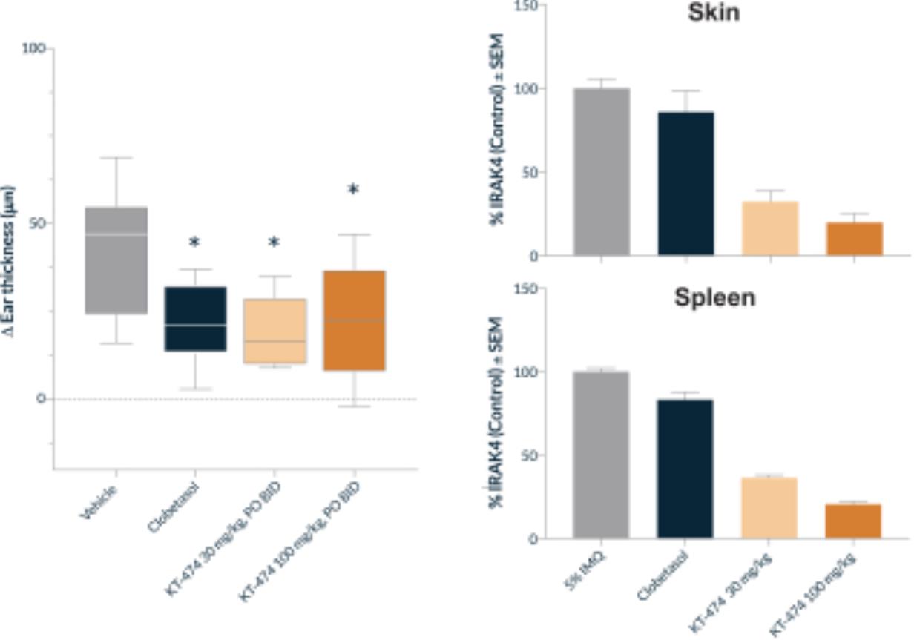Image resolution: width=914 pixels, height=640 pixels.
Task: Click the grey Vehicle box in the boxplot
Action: click(x=116, y=260)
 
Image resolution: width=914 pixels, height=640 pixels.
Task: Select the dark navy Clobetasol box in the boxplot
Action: click(x=195, y=318)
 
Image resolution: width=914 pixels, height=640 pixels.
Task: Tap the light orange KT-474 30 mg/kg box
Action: click(x=274, y=331)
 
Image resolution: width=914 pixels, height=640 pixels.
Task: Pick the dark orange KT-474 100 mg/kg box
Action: click(x=354, y=320)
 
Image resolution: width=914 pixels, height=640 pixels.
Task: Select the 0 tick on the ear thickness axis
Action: click(x=42, y=399)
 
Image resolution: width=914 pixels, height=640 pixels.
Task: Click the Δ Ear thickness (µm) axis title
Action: click(x=9, y=260)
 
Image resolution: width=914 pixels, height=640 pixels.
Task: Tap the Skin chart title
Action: click(x=713, y=13)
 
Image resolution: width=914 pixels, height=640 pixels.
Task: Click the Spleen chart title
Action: click(x=714, y=297)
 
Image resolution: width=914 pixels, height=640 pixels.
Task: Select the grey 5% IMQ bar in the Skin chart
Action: click(x=601, y=171)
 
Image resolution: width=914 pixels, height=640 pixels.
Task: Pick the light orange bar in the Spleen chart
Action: click(x=769, y=507)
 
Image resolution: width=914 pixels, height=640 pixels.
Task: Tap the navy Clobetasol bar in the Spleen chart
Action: click(x=685, y=468)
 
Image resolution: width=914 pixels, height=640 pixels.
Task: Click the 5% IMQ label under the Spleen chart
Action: click(x=587, y=571)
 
